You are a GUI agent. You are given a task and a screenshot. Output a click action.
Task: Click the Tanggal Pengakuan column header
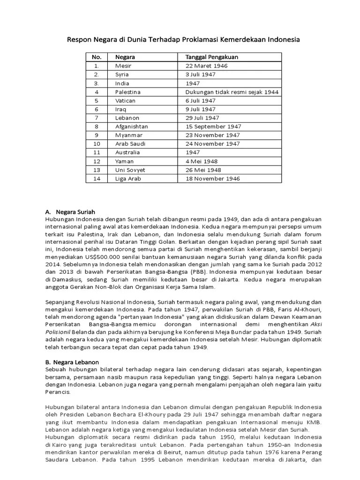[x=211, y=57]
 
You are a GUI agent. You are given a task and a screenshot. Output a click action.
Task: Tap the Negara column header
[x=125, y=57]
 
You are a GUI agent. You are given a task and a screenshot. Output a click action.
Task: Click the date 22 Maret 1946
[x=206, y=66]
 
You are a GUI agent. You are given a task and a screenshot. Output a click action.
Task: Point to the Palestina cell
[x=127, y=92]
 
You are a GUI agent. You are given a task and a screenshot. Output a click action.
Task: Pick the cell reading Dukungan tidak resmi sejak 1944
[x=232, y=92]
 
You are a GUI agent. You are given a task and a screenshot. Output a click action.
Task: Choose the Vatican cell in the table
[x=125, y=100]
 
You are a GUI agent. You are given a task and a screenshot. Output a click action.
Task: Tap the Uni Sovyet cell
[x=130, y=170]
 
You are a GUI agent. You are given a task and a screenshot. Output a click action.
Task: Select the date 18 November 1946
[x=212, y=179]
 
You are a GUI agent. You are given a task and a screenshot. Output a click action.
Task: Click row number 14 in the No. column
[x=97, y=179]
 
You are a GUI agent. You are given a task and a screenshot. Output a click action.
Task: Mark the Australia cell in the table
[x=127, y=152]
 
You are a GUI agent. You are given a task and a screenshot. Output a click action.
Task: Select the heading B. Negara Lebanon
[x=72, y=362]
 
